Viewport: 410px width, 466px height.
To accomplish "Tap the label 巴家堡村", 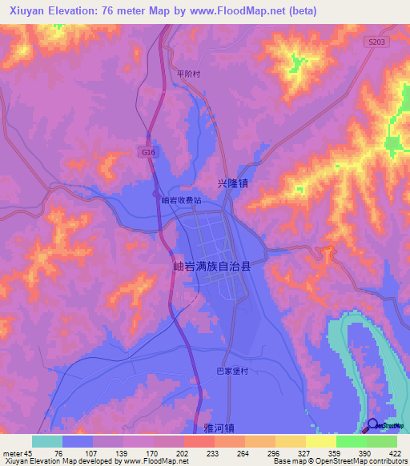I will click(234, 371).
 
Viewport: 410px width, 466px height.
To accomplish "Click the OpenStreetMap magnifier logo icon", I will click(372, 427).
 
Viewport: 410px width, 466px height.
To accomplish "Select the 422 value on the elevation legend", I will click(396, 452).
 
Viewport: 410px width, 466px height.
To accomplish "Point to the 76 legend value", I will click(58, 452).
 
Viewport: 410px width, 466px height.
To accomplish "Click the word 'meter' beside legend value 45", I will click(12, 452).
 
